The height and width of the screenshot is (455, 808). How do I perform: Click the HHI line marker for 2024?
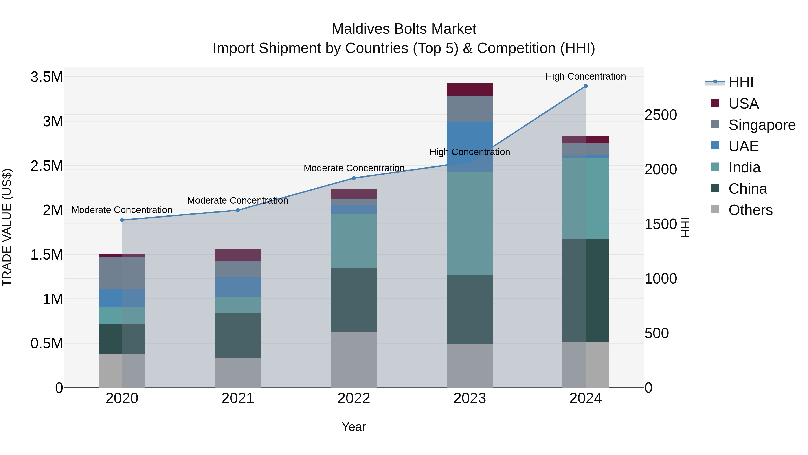tap(585, 86)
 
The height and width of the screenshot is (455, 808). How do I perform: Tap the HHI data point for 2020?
tap(122, 220)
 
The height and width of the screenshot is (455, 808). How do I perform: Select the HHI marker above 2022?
tap(354, 178)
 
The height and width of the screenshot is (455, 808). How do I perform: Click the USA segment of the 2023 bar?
tap(470, 90)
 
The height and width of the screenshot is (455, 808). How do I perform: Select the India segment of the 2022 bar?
tap(354, 241)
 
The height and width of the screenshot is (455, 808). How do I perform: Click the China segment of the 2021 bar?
tap(238, 335)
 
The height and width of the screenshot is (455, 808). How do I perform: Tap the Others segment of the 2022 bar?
tap(354, 360)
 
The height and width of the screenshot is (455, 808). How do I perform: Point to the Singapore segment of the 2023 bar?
tap(470, 109)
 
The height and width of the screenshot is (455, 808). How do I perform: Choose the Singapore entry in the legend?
tap(762, 125)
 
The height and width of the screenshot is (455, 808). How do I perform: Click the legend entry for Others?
tap(750, 210)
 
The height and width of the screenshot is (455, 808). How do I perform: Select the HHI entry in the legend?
tap(741, 82)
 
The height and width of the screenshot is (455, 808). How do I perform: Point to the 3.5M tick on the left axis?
tap(47, 77)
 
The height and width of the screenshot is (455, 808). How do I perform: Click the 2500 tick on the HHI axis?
tap(661, 115)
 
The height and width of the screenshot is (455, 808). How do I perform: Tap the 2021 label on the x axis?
tap(238, 398)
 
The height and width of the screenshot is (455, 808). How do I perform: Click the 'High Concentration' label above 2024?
tap(585, 76)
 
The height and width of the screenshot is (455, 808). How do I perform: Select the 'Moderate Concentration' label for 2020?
tap(122, 210)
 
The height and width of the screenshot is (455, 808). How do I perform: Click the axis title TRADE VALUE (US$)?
tap(7, 227)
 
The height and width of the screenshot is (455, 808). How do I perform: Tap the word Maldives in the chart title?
tap(360, 29)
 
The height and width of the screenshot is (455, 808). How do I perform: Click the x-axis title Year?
tap(353, 427)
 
